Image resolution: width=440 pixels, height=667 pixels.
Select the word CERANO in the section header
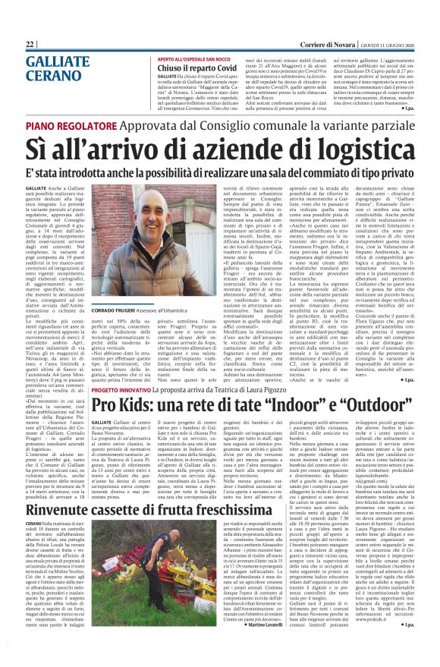point(49,77)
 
